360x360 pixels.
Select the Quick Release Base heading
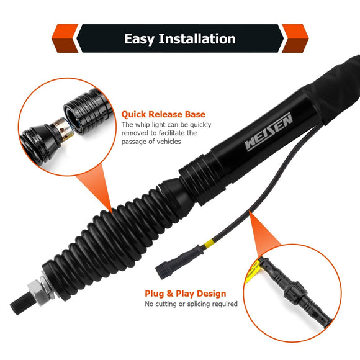163,114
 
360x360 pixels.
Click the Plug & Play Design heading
185,293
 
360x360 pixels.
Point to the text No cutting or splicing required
191,304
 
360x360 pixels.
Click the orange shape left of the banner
63,38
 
